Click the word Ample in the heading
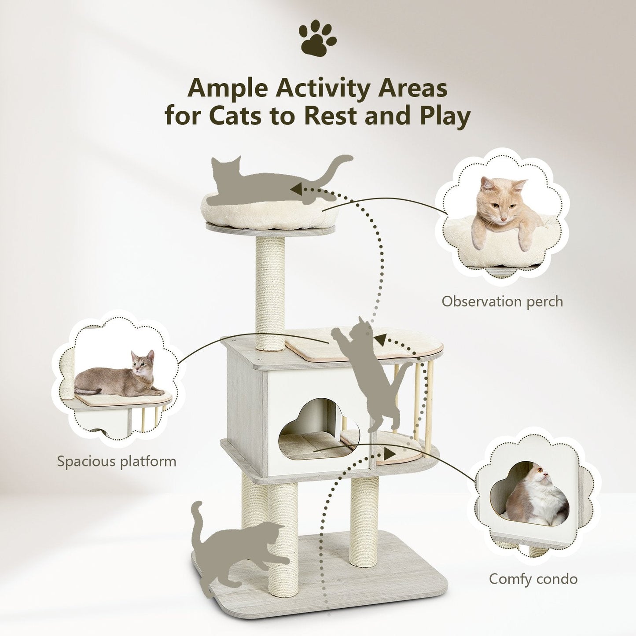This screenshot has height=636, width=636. (227, 88)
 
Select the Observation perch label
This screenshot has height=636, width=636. (502, 301)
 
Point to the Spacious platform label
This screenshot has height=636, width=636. (117, 461)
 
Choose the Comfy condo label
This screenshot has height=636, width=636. (533, 579)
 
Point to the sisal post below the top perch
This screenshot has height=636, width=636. (270, 290)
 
